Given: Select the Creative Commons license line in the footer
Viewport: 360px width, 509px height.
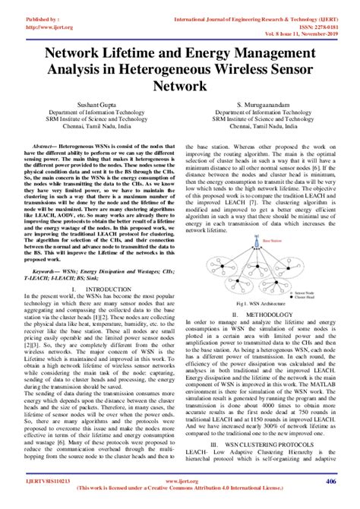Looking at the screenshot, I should tap(180, 488).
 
